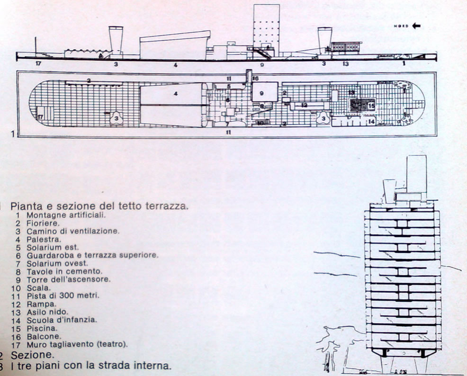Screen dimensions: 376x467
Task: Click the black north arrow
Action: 416,27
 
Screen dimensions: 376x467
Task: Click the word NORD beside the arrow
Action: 401,27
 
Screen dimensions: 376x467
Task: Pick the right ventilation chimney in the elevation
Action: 324,39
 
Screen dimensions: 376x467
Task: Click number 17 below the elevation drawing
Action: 39,63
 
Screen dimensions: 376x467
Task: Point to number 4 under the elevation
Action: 175,65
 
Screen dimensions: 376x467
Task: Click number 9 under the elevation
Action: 261,64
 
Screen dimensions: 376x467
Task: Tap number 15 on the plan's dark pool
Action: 371,106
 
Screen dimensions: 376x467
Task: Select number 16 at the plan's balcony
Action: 255,78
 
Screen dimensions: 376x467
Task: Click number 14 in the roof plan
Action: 372,122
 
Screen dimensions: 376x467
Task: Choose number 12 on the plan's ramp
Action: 305,105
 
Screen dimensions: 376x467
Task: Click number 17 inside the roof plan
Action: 40,116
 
